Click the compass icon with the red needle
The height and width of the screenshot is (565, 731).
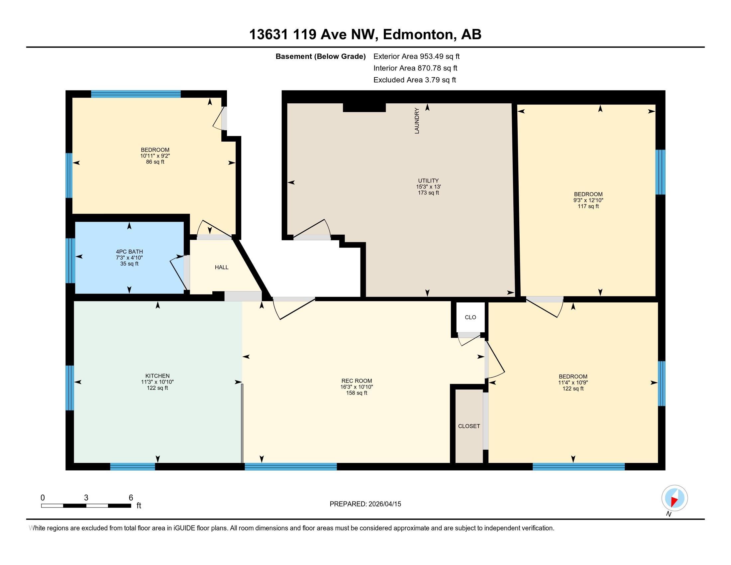675,498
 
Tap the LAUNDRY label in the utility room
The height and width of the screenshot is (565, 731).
417,121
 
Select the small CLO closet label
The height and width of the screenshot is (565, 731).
470,317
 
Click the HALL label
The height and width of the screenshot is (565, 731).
222,267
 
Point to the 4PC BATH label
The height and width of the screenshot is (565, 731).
130,252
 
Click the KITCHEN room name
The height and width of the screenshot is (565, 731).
157,376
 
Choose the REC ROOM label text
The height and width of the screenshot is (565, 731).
357,381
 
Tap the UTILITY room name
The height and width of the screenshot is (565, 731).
428,181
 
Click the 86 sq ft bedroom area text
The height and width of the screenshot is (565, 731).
155,162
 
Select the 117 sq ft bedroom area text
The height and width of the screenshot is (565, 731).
588,206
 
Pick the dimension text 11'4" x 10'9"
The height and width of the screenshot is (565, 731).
573,383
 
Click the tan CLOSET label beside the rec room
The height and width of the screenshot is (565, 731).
469,426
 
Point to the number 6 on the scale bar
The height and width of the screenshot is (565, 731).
131,498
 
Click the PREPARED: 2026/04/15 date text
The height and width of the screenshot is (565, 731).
365,504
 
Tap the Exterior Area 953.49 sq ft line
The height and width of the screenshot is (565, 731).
416,56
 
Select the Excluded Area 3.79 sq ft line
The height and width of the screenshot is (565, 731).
415,80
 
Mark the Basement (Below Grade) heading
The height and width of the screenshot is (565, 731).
320,56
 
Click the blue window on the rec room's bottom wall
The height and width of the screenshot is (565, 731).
290,467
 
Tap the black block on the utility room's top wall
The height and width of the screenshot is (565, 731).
364,107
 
